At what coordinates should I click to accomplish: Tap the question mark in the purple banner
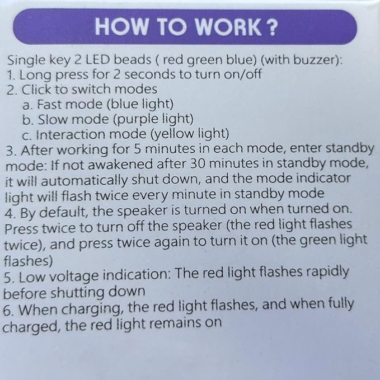(273, 27)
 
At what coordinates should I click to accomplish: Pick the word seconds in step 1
(149, 74)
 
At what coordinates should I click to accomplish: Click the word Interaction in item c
(71, 134)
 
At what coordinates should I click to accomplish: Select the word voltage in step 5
(73, 276)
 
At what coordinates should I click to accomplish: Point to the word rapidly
(327, 272)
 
